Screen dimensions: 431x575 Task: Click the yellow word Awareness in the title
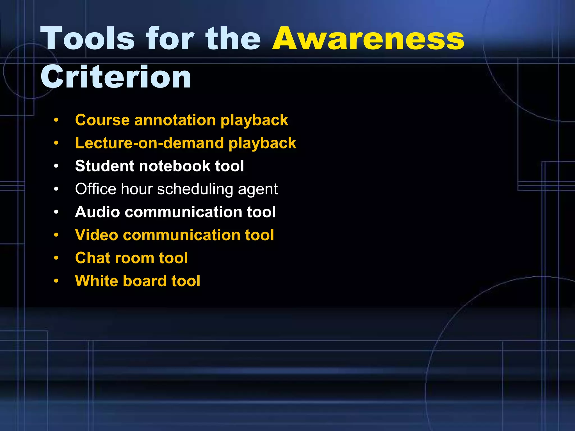tap(368, 39)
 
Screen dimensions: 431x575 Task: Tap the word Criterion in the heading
tap(116, 77)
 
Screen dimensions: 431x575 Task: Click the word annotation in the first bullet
tap(175, 120)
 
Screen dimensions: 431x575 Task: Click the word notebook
tap(175, 166)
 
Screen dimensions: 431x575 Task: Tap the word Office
tap(95, 189)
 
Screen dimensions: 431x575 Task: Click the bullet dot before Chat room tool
tap(56, 258)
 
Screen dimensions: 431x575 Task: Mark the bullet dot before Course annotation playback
tap(56, 120)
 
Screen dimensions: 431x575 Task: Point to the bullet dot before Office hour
tap(56, 189)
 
